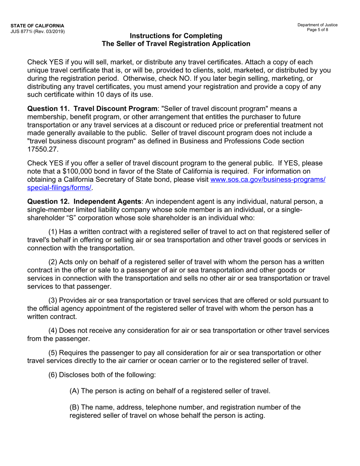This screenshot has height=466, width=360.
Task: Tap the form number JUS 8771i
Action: coord(23,31)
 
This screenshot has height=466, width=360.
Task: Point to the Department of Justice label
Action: coord(317,25)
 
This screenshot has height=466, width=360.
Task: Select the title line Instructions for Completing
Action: coord(176,36)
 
